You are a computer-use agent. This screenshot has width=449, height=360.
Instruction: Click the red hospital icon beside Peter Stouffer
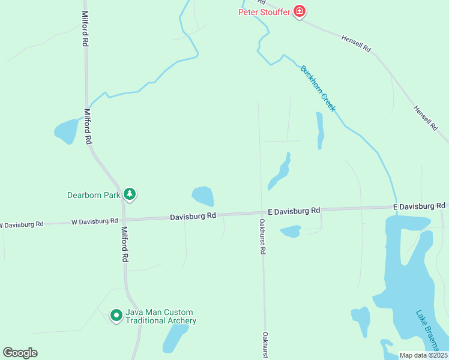tap(299, 11)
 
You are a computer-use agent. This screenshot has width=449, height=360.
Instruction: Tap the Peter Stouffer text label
tap(264, 11)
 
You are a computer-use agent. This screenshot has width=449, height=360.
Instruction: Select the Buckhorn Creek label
tap(318, 89)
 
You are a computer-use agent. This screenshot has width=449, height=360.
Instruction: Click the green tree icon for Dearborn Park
tap(129, 194)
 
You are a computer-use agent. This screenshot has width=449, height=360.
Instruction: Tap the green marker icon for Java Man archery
tap(116, 315)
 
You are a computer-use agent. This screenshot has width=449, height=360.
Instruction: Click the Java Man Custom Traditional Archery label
tap(160, 316)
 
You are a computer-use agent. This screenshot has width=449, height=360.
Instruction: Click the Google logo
tap(20, 353)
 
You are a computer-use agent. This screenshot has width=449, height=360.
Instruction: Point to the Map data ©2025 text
tap(423, 355)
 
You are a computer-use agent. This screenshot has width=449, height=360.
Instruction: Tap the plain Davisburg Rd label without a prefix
tap(192, 216)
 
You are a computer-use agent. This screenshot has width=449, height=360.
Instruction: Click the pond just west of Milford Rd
tap(66, 130)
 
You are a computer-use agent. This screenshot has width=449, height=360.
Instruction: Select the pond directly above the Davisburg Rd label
tap(203, 196)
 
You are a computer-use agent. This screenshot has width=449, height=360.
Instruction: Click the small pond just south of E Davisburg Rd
tap(291, 231)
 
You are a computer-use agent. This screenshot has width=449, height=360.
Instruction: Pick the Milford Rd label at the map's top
tap(85, 29)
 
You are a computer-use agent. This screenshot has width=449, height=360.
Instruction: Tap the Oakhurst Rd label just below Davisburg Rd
tap(262, 236)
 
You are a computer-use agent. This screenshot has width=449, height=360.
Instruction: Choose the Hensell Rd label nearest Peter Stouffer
tap(357, 41)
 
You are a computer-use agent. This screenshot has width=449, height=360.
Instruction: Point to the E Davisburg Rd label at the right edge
tap(420, 206)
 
